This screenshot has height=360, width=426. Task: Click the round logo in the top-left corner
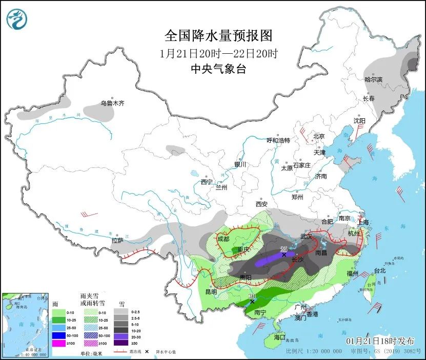[17, 19]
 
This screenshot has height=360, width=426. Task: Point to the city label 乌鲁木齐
[112, 103]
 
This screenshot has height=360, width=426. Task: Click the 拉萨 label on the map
[117, 240]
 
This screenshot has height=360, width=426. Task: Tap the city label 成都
[223, 238]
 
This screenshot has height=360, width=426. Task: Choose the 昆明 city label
[211, 292]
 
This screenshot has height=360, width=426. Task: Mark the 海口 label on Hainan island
[279, 337]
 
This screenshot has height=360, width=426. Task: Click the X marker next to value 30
[252, 302]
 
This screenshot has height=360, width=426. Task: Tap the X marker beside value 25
[283, 255]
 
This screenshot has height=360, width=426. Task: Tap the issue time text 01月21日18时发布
[376, 341]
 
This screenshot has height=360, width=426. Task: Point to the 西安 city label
[261, 204]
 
